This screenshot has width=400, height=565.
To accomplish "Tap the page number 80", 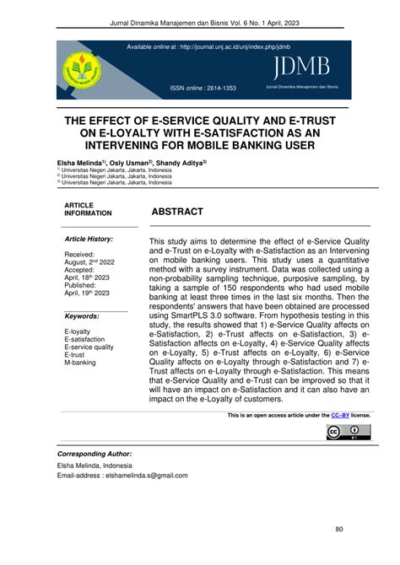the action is click(x=339, y=529).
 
